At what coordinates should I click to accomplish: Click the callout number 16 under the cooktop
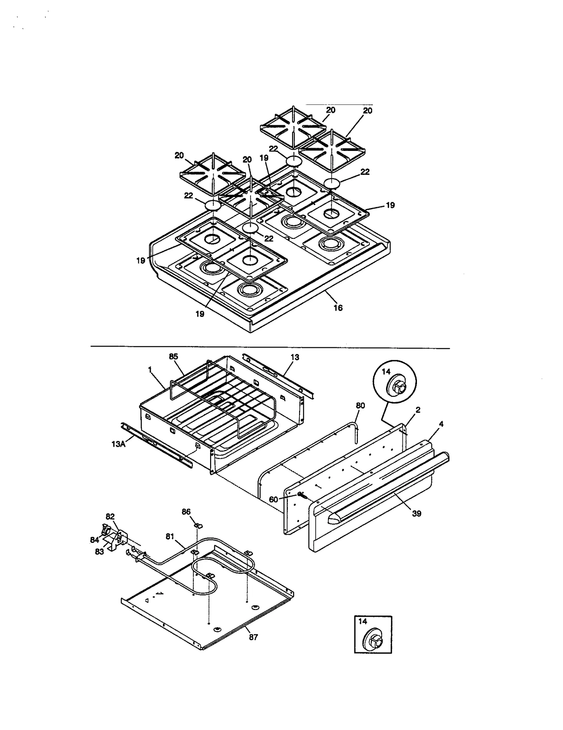(338, 308)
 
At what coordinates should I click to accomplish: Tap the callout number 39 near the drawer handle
(416, 514)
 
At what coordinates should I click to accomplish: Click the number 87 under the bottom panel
(253, 637)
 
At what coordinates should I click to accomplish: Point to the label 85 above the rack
(173, 356)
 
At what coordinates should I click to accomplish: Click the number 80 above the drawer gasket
(360, 406)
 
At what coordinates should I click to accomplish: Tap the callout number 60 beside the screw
(273, 499)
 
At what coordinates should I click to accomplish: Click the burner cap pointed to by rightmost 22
(332, 183)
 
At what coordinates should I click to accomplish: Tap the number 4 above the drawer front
(441, 424)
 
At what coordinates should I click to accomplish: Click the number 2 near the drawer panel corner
(418, 410)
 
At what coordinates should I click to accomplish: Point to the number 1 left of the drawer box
(150, 369)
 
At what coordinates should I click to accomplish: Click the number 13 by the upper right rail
(295, 357)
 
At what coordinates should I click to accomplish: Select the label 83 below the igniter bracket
(100, 552)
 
